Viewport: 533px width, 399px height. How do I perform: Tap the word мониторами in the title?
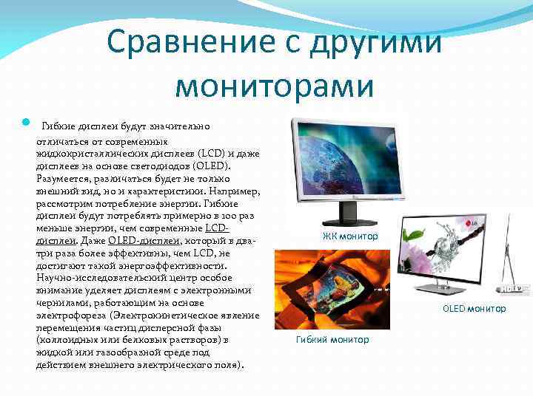pos(275,86)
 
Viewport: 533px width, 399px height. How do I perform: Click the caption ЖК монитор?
pos(350,236)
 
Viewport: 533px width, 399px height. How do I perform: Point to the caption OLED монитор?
pos(475,309)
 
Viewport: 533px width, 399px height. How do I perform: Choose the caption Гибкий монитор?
pos(332,340)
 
